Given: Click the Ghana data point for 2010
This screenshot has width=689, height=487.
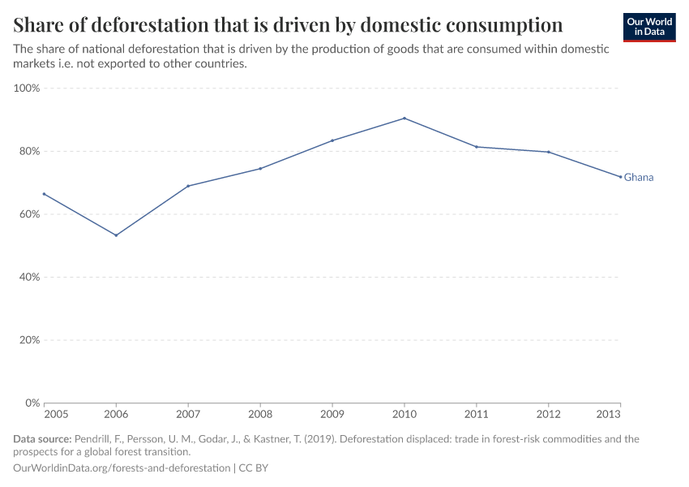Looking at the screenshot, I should (404, 119).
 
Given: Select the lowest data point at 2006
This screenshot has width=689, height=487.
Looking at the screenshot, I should (116, 235).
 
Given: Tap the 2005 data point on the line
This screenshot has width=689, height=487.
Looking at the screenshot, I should (45, 194).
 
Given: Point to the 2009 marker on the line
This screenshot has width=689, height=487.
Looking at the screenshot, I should (332, 140).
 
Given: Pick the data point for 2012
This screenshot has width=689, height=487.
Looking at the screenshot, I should (549, 152).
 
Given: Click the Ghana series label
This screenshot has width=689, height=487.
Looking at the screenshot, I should (639, 177).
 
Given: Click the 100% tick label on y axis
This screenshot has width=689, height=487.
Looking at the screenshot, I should (27, 88).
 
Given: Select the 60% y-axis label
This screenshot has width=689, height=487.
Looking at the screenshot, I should (29, 214).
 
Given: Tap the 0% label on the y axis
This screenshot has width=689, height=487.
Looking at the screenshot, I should (32, 403).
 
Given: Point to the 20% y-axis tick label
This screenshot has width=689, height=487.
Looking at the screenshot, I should (29, 340).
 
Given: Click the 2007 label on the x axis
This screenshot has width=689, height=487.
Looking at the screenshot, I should (188, 414).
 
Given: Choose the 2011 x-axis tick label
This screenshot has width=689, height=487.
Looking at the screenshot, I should (477, 414).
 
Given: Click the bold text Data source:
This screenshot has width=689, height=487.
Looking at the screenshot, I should (42, 439).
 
